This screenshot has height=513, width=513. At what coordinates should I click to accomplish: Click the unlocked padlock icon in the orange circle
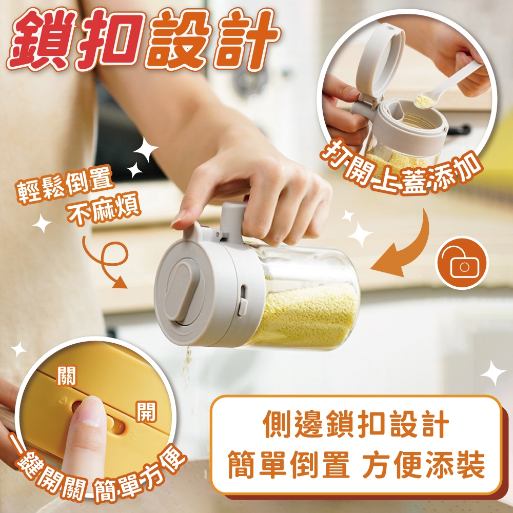coord(462,263)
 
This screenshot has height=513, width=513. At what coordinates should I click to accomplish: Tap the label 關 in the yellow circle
coord(67,376)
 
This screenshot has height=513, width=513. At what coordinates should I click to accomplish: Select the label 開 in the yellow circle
coord(146,411)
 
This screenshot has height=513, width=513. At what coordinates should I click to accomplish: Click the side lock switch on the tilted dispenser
coord(243,300)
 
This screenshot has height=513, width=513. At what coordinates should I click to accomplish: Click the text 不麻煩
coord(104,210)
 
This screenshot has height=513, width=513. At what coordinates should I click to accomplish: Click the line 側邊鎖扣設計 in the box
coord(356,424)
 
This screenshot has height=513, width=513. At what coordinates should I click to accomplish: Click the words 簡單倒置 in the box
coord(288,464)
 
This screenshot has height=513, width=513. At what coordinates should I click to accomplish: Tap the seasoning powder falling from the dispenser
coord(187,363)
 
